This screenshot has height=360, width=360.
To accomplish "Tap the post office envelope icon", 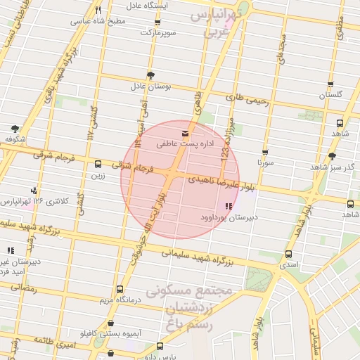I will click(186, 132).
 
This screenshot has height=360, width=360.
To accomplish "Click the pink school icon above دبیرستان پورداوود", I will click(228, 206).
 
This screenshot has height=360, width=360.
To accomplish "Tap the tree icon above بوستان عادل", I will click(150, 75).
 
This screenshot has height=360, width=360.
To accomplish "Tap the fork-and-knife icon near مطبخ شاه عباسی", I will click(98, 10).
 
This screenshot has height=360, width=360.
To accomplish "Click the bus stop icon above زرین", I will click(98, 164).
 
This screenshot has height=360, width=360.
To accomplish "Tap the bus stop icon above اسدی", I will click(288, 254).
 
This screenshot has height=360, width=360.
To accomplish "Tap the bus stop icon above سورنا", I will click(265, 151).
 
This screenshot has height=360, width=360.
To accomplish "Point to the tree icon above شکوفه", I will click(15, 128).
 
